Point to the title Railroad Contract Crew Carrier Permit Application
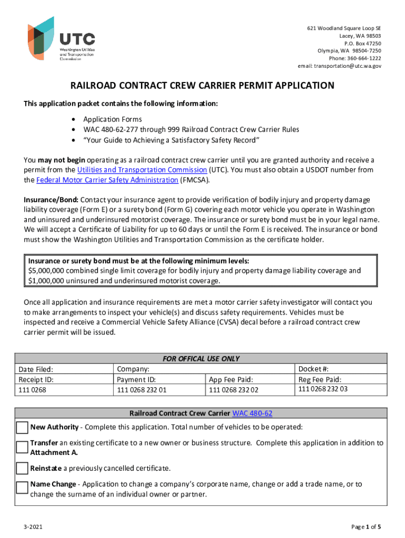(202, 86)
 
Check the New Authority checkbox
(22, 428)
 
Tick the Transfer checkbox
(22, 448)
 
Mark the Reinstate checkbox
(22, 468)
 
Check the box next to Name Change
(22, 488)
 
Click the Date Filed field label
(36, 369)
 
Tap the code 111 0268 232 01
(141, 390)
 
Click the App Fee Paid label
(231, 379)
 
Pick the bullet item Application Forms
(113, 119)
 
